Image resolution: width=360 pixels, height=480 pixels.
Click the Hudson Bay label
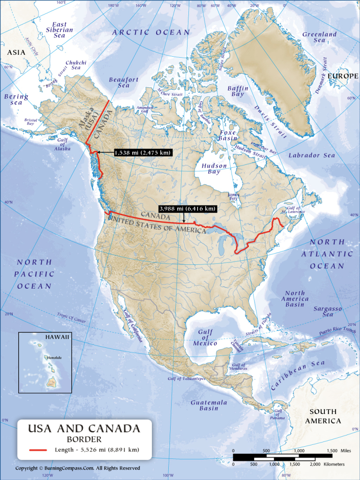click(x=214, y=169)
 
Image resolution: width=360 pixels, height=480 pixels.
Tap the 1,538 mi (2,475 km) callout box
click(x=142, y=153)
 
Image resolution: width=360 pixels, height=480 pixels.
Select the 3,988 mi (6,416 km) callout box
click(x=187, y=209)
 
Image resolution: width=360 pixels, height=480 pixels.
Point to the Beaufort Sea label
click(x=123, y=83)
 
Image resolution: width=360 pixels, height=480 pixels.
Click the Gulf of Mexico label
click(x=205, y=337)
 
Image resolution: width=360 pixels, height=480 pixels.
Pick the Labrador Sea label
click(x=312, y=155)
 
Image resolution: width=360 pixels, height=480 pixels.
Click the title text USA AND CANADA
click(x=84, y=428)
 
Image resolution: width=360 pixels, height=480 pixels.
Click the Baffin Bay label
click(x=238, y=91)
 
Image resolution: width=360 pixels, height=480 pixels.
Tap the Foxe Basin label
click(x=227, y=135)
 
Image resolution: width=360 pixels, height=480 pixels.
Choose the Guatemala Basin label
click(x=209, y=405)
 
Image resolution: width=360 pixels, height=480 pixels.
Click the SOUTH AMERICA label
click(x=323, y=416)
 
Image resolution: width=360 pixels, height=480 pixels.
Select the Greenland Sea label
click(x=319, y=37)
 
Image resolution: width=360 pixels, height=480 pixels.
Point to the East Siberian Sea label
click(x=63, y=30)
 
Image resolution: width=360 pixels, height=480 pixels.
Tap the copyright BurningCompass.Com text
click(x=78, y=468)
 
